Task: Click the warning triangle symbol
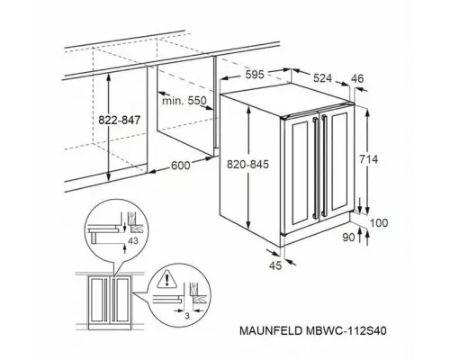click(164, 280)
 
